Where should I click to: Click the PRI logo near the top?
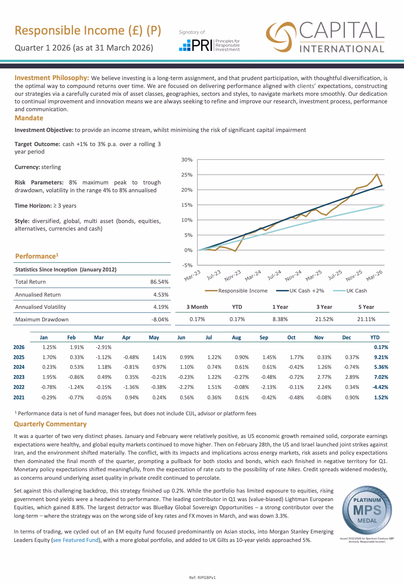click(209, 45)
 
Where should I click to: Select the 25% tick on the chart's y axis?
click(187, 175)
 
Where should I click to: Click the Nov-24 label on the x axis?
click(293, 275)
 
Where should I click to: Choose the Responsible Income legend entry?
click(236, 291)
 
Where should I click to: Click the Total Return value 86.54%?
click(160, 282)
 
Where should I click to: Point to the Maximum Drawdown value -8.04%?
click(160, 320)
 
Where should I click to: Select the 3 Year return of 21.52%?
click(324, 319)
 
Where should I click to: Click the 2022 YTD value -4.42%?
click(380, 387)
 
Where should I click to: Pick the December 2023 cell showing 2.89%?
click(352, 377)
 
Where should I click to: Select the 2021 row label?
click(19, 397)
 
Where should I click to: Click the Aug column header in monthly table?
click(237, 337)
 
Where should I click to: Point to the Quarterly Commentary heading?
click(50, 424)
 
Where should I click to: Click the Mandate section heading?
click(29, 118)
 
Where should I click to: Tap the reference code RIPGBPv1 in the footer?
click(207, 577)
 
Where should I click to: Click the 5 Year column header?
click(366, 307)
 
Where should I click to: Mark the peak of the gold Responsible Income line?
click(377, 174)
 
